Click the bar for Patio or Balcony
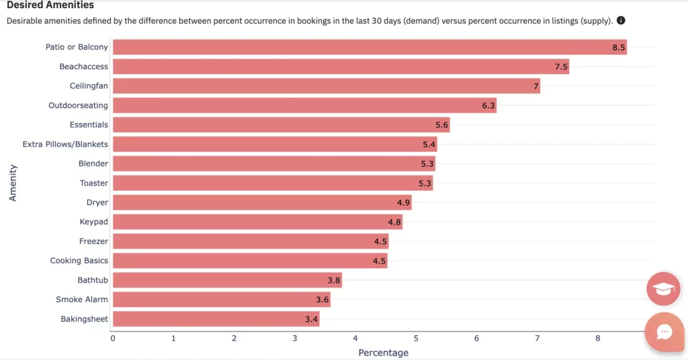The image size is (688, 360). (370, 47)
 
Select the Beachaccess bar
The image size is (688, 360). (341, 66)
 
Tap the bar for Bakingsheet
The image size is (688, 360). (216, 319)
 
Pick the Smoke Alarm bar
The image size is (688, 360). (221, 300)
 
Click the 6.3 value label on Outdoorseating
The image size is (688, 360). (488, 105)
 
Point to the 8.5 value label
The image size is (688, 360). (619, 47)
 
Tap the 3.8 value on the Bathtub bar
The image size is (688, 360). (334, 280)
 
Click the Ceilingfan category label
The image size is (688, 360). (89, 86)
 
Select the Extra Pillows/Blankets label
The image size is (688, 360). (65, 144)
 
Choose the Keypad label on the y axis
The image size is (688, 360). (93, 222)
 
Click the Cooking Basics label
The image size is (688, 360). (79, 261)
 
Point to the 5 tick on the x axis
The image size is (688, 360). (416, 339)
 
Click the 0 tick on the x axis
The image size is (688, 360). (113, 339)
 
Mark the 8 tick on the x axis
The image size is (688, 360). (598, 339)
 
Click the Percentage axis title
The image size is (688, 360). (383, 353)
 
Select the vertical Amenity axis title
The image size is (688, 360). (13, 183)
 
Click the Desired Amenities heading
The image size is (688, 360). (50, 5)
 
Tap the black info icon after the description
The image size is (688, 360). (621, 21)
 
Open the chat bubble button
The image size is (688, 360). (664, 332)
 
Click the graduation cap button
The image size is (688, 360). (664, 289)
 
